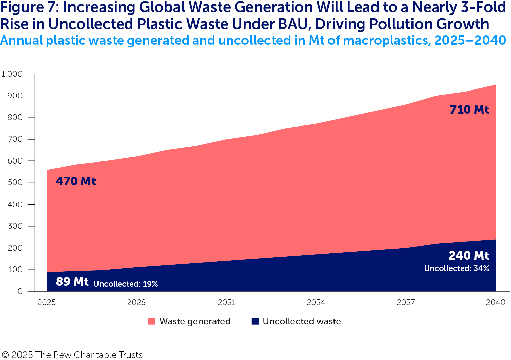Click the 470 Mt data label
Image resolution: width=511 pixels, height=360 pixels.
[76, 181]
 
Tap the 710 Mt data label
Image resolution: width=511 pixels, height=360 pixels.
[469, 110]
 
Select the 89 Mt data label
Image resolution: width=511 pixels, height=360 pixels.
[72, 281]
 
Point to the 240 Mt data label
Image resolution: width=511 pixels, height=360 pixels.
[469, 256]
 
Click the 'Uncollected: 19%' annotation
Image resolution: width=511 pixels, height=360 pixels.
[125, 284]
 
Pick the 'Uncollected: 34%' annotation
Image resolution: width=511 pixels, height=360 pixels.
[457, 268]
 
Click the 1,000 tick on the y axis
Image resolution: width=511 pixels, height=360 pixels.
[12, 74]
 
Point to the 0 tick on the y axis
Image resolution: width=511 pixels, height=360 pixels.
[20, 291]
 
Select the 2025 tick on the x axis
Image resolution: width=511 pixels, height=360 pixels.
[47, 302]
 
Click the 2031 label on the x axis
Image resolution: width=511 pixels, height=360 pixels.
[226, 302]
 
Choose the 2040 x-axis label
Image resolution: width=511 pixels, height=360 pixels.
[496, 302]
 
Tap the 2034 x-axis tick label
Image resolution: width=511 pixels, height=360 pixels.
[316, 302]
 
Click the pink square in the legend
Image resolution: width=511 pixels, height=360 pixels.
[151, 321]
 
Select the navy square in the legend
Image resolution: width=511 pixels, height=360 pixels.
[255, 321]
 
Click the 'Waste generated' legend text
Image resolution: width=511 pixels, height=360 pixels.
[195, 321]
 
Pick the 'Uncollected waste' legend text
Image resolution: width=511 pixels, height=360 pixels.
[302, 321]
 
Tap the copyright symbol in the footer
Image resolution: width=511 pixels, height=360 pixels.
[5, 355]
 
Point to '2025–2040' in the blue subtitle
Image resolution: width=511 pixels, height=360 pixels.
[470, 40]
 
